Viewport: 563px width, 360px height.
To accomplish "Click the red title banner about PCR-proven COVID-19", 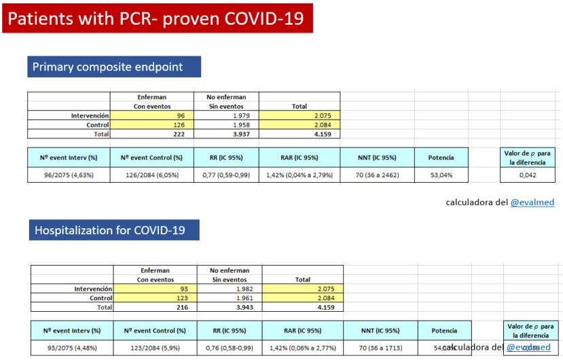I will coord(157,18).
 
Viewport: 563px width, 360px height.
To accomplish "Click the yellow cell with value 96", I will coord(152,116).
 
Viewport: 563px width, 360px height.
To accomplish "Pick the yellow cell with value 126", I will coord(152,126).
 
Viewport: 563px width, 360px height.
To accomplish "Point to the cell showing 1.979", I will coord(226,116).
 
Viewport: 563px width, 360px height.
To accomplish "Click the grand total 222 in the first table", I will coord(152,134).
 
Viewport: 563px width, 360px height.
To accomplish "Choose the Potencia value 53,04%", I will coord(441,175).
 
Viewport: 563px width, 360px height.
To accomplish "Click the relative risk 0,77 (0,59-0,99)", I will coord(225,175).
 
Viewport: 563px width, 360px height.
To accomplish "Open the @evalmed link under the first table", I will coord(532,202).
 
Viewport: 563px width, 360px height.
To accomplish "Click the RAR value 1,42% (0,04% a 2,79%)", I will coord(299,175).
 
